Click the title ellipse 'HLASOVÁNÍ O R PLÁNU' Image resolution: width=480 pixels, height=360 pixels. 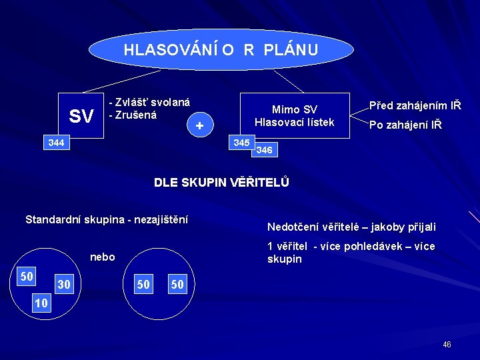(x=221, y=49)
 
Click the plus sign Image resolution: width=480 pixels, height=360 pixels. (x=199, y=125)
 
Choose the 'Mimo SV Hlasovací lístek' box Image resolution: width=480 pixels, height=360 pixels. (x=295, y=115)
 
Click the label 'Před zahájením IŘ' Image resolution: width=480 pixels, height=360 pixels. (x=415, y=105)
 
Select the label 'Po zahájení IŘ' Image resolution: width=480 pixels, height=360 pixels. (x=405, y=125)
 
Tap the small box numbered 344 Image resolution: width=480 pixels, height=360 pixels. (x=56, y=143)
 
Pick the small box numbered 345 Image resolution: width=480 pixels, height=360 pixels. (x=241, y=143)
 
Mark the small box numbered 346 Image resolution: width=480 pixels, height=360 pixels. (x=264, y=150)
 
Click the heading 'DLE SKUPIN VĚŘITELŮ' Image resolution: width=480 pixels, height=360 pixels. (x=221, y=182)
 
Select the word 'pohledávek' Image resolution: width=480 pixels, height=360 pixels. (x=371, y=247)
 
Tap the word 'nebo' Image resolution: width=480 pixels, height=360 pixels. (x=102, y=257)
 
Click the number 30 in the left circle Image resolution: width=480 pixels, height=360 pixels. (x=64, y=285)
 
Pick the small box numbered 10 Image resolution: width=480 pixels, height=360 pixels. (x=41, y=303)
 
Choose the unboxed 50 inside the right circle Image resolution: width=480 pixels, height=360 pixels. (x=143, y=285)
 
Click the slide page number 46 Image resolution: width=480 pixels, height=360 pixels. (x=447, y=345)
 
